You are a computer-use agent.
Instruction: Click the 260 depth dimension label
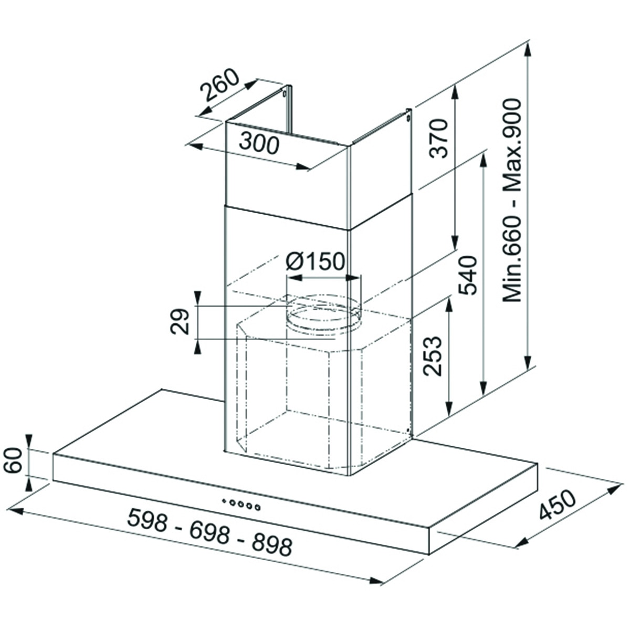pos(219,85)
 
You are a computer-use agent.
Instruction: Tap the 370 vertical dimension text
pos(438,139)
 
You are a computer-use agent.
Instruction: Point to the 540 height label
pos(467,275)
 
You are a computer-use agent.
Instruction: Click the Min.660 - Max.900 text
pos(512,201)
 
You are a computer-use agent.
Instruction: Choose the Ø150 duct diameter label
pos(315,261)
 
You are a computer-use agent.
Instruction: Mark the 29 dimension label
pos(180,321)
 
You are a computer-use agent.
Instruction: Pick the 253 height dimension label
pos(432,356)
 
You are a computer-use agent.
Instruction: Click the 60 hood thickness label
pos(13,460)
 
